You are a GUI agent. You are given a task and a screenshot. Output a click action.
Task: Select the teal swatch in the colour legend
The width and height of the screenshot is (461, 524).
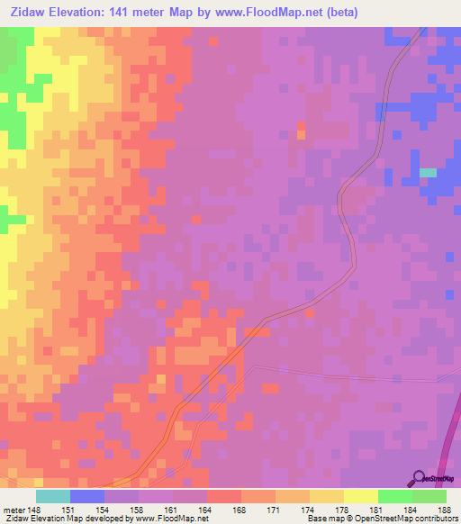53,496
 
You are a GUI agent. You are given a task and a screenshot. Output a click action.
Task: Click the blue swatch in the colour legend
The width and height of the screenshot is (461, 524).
87,496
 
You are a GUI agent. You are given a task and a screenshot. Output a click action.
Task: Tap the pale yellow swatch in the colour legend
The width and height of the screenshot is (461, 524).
361,496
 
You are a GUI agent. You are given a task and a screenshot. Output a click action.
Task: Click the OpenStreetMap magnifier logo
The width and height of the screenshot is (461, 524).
418,478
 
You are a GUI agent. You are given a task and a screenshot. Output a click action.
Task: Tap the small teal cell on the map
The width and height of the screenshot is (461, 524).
428,173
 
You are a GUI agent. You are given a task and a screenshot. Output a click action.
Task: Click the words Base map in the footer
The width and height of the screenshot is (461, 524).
321,519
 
